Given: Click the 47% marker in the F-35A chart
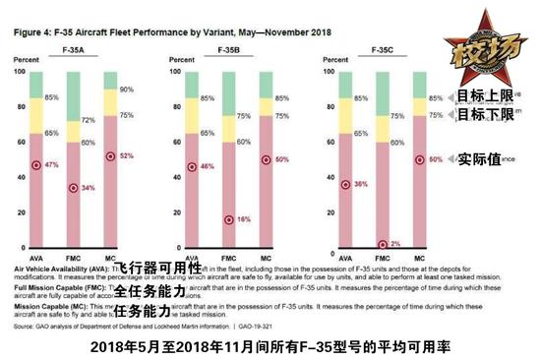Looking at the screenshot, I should [37, 165].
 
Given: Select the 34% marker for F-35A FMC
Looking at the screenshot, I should [72, 188].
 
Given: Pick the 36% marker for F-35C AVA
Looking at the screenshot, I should [344, 184].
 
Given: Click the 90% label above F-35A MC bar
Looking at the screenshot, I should [125, 90].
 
